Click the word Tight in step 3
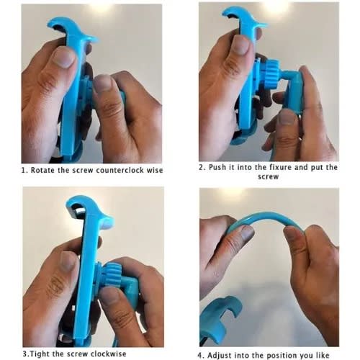[x=39, y=354]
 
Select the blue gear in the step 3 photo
[x=114, y=274]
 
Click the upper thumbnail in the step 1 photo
[x=64, y=57]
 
